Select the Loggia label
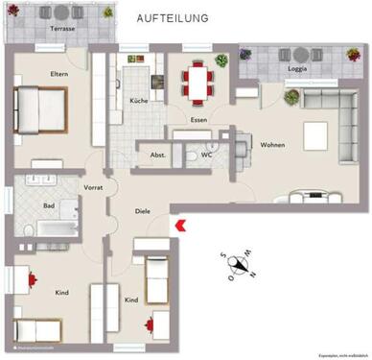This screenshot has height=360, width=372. click(x=291, y=69)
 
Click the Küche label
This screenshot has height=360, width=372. click(x=137, y=100)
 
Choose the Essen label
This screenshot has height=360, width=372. click(x=198, y=120)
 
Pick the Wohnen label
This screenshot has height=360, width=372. click(x=274, y=145)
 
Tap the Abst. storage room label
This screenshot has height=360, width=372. click(x=158, y=155)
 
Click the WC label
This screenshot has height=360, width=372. click(x=207, y=154)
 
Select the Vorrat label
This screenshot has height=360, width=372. click(x=94, y=188)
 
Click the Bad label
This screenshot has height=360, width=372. click(x=48, y=205)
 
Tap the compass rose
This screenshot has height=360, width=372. click(x=238, y=265)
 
